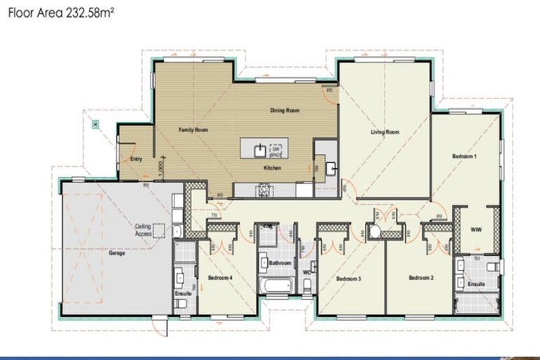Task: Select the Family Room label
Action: [x=193, y=130]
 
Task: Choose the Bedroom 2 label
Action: [x=420, y=278]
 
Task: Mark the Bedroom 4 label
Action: [x=220, y=278]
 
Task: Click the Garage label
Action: [x=117, y=253]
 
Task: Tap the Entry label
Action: [x=136, y=159]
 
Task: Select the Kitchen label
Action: [x=273, y=169]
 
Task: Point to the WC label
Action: [x=307, y=271]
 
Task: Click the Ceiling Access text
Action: [x=144, y=230]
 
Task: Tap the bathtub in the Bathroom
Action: [x=277, y=287]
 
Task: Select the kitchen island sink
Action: [x=259, y=149]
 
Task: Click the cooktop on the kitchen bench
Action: [x=265, y=189]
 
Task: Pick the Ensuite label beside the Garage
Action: [x=182, y=293]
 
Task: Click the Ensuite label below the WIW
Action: [x=476, y=283]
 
